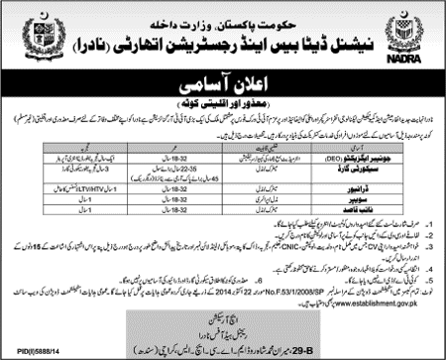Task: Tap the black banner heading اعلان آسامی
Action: pyautogui.click(x=221, y=90)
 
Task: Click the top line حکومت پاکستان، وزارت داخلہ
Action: pyautogui.click(x=222, y=13)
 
